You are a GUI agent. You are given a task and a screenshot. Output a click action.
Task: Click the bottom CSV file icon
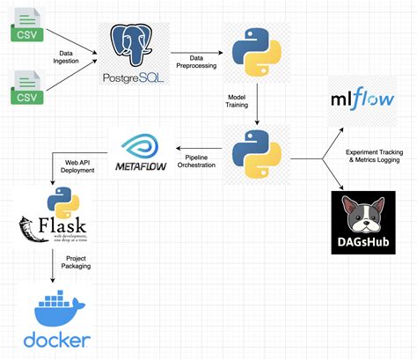tap(25, 89)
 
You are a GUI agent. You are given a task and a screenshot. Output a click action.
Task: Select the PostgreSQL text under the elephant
tap(137, 78)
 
